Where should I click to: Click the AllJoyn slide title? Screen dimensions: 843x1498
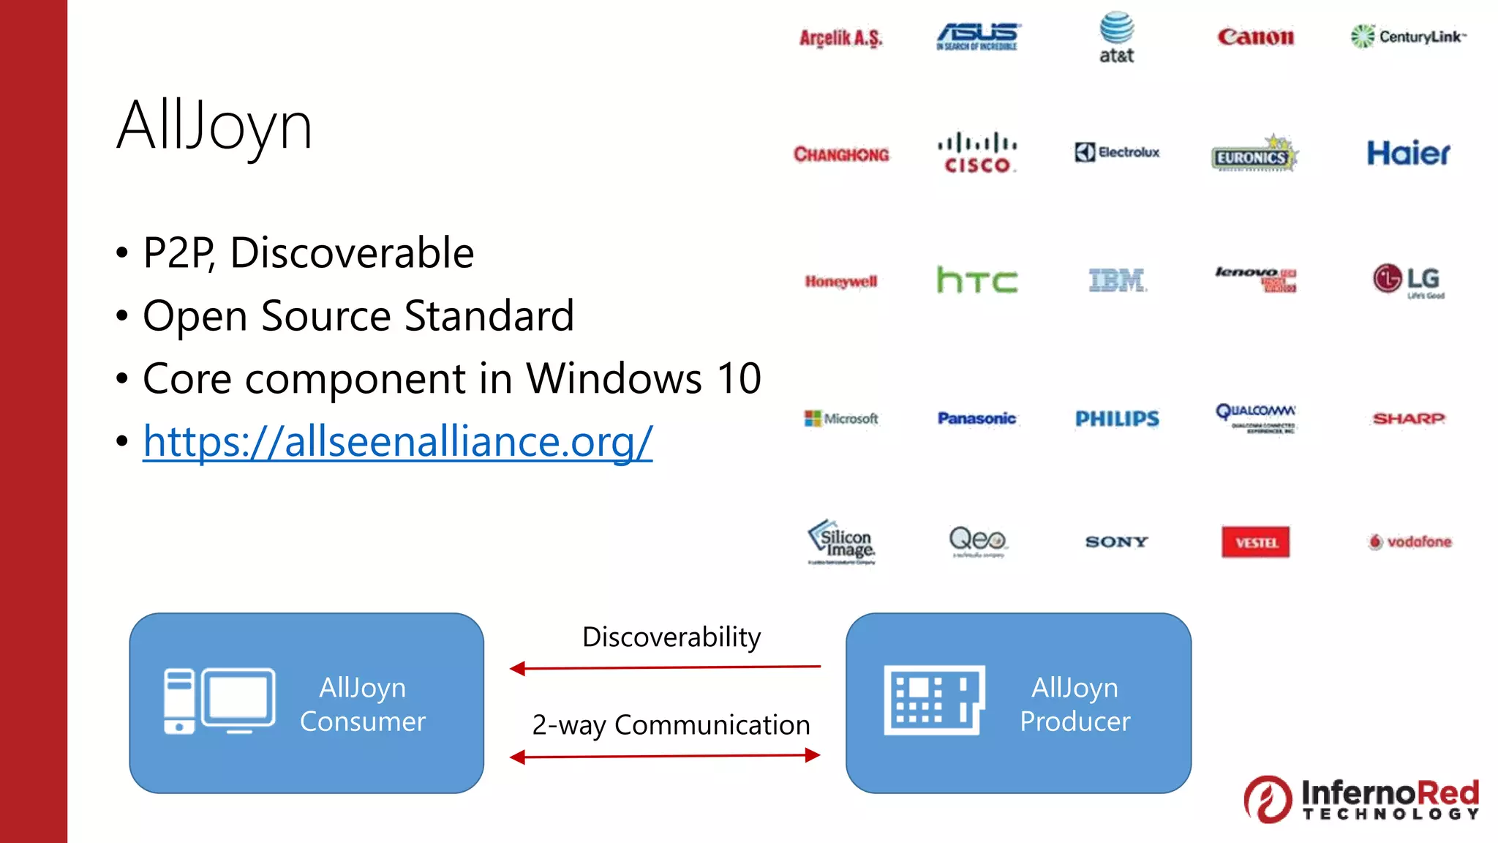coord(214,126)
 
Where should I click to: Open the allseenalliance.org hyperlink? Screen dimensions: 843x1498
coord(397,441)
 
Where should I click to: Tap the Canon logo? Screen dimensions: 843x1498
coord(1255,37)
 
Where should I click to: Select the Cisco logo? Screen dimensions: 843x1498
coord(977,153)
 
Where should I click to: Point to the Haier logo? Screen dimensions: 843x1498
coord(1408,153)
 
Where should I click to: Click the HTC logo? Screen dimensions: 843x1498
coord(977,280)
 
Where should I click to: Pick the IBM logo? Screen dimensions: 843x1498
coord(1117,280)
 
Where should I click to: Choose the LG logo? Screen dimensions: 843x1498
coord(1407,280)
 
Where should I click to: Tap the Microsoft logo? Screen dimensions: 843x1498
coord(841,419)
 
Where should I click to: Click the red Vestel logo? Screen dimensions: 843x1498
coord(1255,542)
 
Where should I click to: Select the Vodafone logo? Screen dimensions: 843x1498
coord(1409,542)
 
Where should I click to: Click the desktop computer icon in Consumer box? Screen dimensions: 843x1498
coord(219,701)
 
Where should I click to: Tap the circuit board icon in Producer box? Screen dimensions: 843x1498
coord(934,700)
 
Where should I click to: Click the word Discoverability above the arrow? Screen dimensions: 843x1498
coord(671,637)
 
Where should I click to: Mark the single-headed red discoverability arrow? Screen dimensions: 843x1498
coord(665,667)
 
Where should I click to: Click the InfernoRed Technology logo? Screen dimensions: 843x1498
coord(1361,799)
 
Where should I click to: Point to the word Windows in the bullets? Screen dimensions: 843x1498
coord(614,379)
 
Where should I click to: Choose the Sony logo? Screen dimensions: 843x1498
coord(1117,542)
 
